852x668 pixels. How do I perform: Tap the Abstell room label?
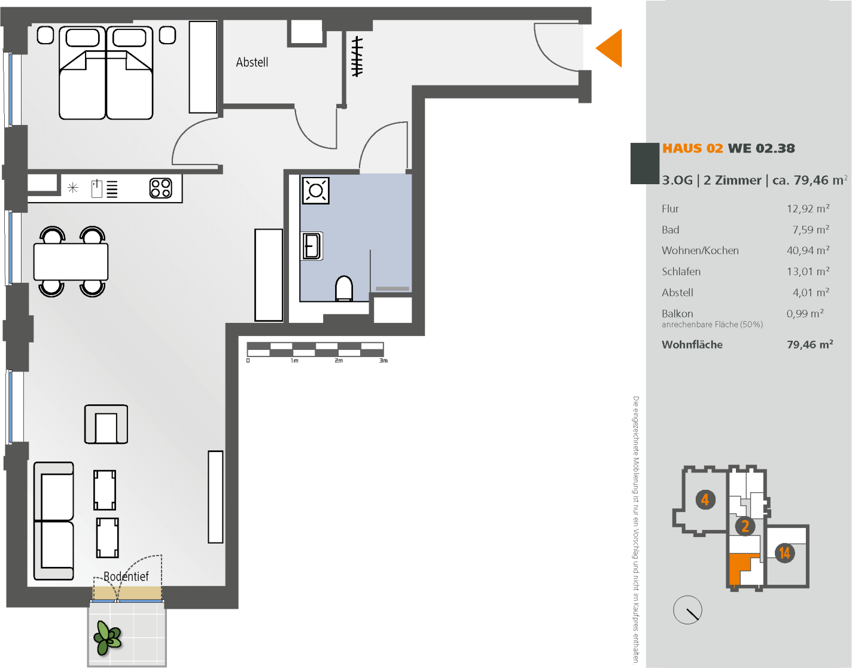point(252,62)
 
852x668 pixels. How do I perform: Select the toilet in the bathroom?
point(344,288)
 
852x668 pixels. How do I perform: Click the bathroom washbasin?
point(312,246)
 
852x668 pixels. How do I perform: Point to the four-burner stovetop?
point(161,188)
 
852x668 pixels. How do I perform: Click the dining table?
point(71,261)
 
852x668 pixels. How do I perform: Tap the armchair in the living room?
point(106,425)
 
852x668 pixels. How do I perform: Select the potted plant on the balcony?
point(108,638)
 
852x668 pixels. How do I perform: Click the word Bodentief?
point(126,577)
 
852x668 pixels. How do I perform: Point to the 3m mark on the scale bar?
point(384,361)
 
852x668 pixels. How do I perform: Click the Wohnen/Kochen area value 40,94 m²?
point(808,251)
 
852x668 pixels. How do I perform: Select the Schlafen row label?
point(681,272)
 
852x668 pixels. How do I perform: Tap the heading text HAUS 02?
point(692,148)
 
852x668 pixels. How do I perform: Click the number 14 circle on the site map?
point(784,553)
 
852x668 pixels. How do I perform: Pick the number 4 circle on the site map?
point(705,499)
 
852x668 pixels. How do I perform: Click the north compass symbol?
point(687,610)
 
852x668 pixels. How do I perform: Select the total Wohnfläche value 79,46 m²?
point(810,344)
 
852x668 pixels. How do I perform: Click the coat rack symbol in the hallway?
point(357,57)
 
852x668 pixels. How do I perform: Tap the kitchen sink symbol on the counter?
point(97,188)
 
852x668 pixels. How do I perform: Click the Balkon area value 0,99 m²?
point(805,313)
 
